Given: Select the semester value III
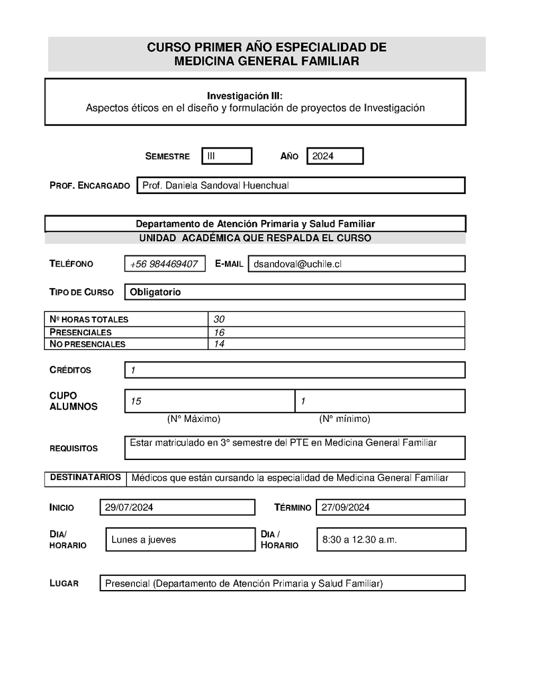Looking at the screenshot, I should click(x=211, y=156).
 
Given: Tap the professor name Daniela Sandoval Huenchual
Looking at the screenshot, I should click(x=215, y=185).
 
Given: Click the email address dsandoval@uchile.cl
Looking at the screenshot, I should click(x=297, y=264).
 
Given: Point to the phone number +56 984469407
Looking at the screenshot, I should click(x=164, y=264).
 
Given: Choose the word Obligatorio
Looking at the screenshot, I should click(x=156, y=292).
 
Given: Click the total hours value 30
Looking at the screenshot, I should click(x=219, y=319).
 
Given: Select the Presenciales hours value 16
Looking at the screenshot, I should click(x=219, y=332).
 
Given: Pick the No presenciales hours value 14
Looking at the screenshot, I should click(x=219, y=344).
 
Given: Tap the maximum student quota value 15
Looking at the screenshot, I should click(x=136, y=401).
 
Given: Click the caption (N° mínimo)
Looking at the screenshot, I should click(x=344, y=419).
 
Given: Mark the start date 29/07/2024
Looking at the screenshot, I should click(x=129, y=507).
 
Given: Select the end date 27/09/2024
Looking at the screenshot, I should click(x=346, y=507).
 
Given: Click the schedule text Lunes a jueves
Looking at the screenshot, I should click(x=144, y=539).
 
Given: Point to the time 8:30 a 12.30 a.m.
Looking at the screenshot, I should click(x=359, y=539).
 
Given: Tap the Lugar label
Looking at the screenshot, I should click(x=64, y=583).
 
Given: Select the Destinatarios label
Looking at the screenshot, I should click(x=85, y=477).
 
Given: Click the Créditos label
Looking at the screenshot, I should click(x=70, y=370).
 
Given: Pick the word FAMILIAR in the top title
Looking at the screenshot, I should click(x=328, y=61).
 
